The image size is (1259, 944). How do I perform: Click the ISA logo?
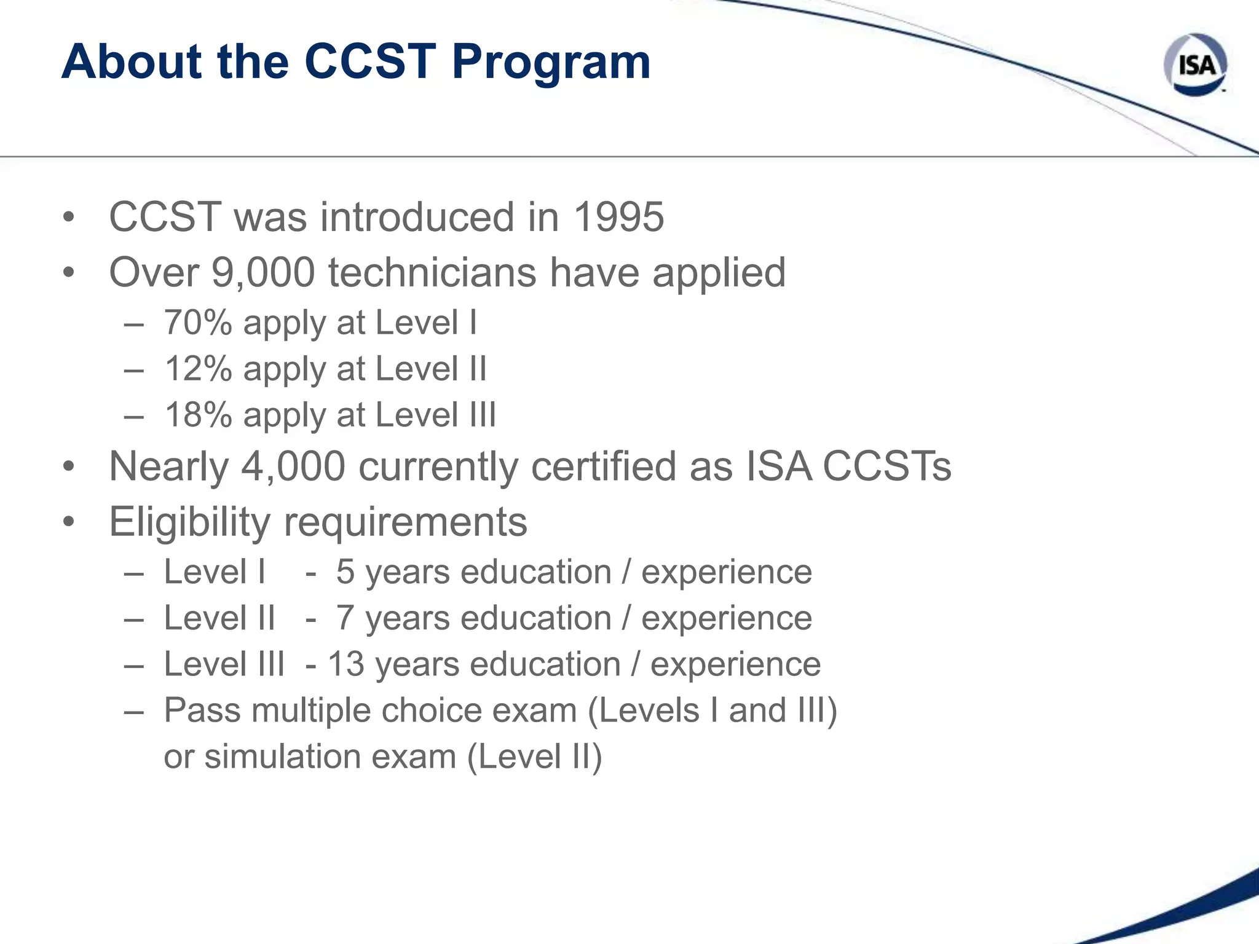coord(1196,65)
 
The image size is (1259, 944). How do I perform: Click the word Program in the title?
coord(551,63)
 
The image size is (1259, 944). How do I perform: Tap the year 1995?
coord(618,217)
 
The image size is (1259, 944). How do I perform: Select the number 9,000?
coord(263,272)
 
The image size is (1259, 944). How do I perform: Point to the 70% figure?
coord(198,323)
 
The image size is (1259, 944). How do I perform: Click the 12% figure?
coord(198,369)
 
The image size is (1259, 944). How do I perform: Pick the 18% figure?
coord(198,415)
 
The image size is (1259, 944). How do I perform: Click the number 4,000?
coord(293,466)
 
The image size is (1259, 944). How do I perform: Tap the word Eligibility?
coord(189,522)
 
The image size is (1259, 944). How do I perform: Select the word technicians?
coord(432,272)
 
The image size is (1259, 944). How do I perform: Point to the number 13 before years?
coord(346,664)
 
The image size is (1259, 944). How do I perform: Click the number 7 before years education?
coord(345,618)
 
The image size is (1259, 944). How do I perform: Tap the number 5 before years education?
coord(345,572)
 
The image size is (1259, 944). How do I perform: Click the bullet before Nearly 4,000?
coord(68,466)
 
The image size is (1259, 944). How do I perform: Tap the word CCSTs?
coord(886,466)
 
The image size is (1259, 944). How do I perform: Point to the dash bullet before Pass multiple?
coord(134,712)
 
